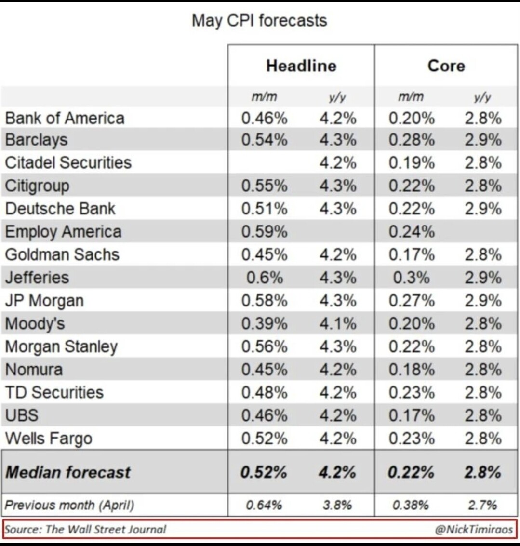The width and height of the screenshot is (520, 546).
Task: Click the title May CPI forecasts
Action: click(259, 21)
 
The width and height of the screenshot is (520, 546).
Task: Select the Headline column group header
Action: click(301, 66)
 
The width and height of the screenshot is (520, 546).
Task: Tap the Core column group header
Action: click(446, 66)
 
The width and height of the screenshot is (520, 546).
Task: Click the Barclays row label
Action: click(36, 140)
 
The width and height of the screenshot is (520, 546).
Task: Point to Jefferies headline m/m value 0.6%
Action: click(265, 278)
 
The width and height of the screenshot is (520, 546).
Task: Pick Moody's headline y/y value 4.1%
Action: click(338, 323)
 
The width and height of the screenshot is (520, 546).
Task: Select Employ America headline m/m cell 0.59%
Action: click(265, 232)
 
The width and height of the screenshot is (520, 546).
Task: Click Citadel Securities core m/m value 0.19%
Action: click(412, 162)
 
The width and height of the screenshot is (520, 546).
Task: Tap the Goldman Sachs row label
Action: click(62, 254)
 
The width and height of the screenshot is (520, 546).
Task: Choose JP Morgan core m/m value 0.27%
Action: click(412, 301)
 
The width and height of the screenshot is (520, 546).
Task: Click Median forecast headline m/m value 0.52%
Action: click(264, 472)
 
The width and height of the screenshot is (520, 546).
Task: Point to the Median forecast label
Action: click(68, 472)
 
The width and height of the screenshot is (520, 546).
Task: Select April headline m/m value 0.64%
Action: click(264, 505)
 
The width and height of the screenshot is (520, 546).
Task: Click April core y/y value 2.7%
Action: click(482, 505)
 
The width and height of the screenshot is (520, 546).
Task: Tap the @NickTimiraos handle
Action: click(474, 529)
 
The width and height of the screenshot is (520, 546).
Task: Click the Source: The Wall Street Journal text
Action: click(85, 529)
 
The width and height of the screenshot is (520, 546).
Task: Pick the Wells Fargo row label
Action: click(49, 439)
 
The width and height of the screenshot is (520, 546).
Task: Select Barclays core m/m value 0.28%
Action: click(412, 140)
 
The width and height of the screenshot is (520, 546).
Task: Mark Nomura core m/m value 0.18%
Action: click(412, 370)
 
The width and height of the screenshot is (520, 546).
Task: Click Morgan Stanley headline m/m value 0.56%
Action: click(265, 346)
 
